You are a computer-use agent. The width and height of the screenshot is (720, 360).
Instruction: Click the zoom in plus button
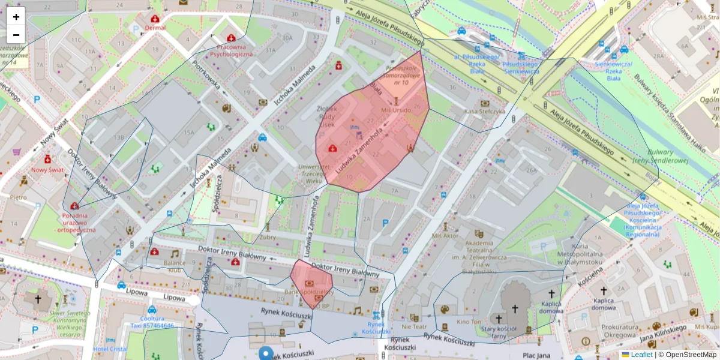[16, 17]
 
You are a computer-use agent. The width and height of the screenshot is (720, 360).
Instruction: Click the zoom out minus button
[16, 35]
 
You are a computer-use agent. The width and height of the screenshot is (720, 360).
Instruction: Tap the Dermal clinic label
[155, 28]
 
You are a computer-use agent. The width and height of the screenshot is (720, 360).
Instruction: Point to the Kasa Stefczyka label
[485, 111]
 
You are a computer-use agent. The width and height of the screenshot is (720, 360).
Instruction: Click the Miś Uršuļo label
[396, 110]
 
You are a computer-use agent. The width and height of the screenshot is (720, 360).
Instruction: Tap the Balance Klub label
[175, 266]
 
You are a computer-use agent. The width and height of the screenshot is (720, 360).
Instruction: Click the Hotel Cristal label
[110, 349]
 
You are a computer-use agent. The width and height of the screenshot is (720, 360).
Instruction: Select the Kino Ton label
[470, 322]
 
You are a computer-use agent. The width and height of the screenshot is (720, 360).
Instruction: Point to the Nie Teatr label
[414, 327]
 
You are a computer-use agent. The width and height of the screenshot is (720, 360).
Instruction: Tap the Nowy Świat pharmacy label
[47, 169]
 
